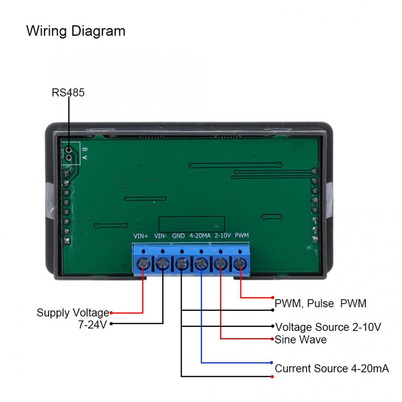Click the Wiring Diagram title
tap(75, 31)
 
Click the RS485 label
tap(68, 92)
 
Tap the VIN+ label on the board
tap(141, 235)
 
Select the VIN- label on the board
tap(161, 235)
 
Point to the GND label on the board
tap(179, 235)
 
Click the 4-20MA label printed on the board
tap(200, 235)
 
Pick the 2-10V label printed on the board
tap(222, 235)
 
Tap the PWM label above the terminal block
tap(242, 235)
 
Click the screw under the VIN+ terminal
tap(143, 264)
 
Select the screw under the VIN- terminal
tap(162, 264)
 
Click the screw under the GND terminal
tap(182, 264)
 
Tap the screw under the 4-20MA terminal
tap(201, 264)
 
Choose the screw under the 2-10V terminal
tap(221, 264)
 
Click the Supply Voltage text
tap(72, 313)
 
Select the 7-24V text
tap(92, 324)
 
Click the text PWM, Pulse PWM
tap(320, 303)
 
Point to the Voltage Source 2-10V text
tap(328, 327)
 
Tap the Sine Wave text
tap(300, 339)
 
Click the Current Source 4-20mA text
tap(331, 368)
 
